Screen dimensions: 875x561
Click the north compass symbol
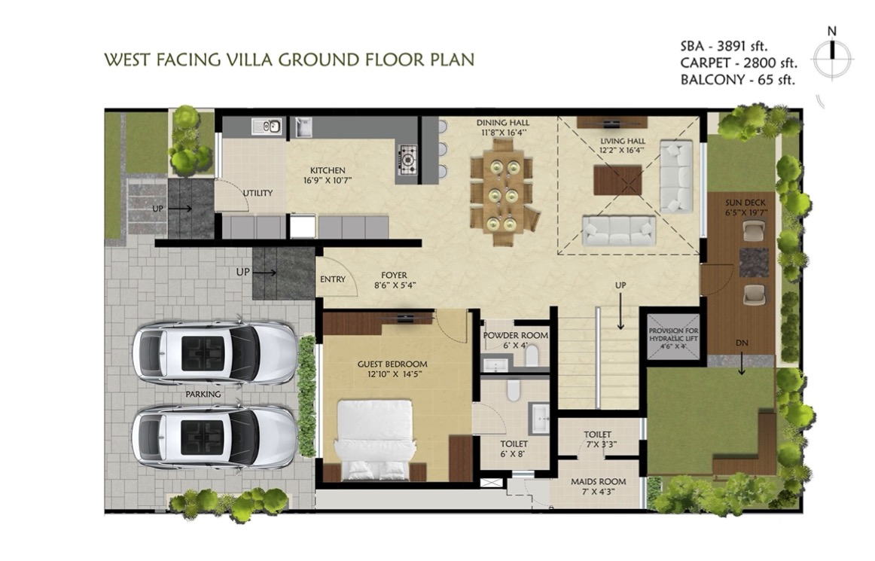point(832,56)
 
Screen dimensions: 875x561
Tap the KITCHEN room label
point(328,170)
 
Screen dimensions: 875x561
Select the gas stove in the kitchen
point(408,158)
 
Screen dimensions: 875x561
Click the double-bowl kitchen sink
point(266,127)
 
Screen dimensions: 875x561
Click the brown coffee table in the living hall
point(617,180)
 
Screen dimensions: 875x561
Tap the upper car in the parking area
point(215,352)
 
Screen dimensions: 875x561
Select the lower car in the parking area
point(215,437)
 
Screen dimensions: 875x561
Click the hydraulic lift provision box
point(673,337)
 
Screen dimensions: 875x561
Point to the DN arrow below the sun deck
point(742,365)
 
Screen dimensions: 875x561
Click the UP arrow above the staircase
point(620,312)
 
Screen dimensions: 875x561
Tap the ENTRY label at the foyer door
point(333,279)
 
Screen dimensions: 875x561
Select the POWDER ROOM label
point(516,336)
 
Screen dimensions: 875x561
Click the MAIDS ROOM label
point(598,481)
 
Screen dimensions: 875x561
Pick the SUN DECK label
point(745,203)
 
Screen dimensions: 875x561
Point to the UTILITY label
point(258,193)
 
